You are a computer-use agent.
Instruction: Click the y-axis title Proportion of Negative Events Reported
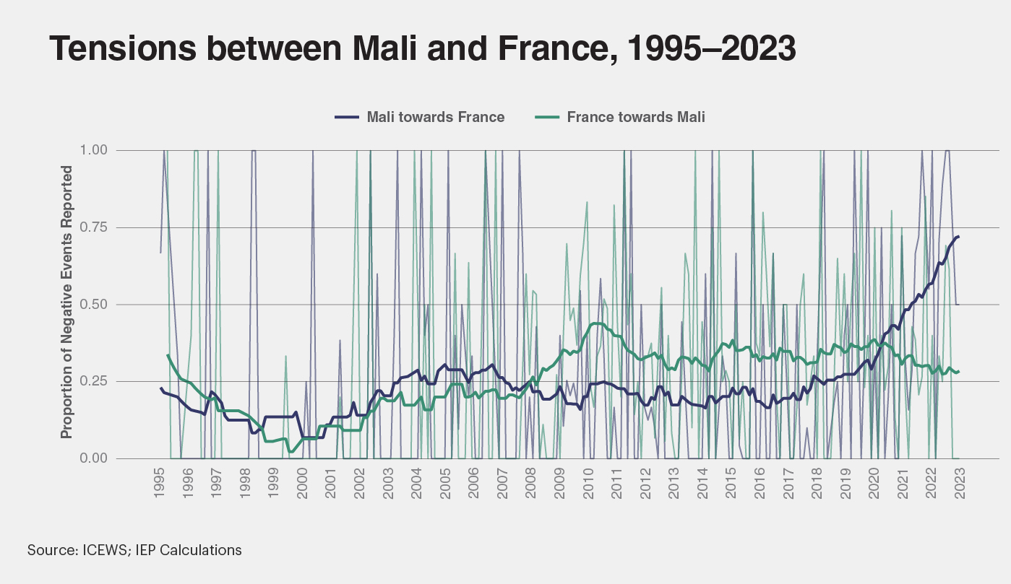(x=66, y=302)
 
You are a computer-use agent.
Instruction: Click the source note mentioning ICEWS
(x=134, y=550)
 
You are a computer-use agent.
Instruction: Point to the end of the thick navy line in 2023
(x=958, y=237)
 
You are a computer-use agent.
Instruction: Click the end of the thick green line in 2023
(x=958, y=372)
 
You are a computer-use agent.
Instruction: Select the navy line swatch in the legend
(x=347, y=117)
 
